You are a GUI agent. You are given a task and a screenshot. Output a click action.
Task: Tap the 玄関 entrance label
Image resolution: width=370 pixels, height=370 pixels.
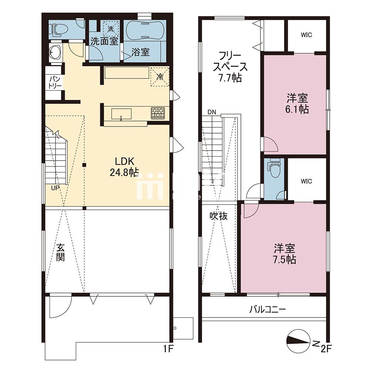(x=61, y=252)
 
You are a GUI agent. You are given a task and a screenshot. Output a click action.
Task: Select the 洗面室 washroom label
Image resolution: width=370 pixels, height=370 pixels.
(x=105, y=41)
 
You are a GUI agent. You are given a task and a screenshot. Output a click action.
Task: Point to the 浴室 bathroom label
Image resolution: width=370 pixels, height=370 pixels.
(x=141, y=53)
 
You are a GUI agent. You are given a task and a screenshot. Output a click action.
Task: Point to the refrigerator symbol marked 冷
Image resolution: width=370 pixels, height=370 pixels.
(x=160, y=77)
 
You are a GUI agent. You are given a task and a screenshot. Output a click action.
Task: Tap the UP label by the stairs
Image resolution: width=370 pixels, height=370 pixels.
(x=55, y=188)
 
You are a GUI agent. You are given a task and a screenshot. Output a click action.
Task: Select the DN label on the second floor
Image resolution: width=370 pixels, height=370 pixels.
(x=212, y=112)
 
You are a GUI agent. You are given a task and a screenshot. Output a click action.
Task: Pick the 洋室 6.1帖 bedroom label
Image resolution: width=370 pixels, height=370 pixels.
(x=297, y=104)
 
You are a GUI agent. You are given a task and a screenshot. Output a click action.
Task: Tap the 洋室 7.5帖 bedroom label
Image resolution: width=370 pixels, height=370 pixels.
(x=285, y=253)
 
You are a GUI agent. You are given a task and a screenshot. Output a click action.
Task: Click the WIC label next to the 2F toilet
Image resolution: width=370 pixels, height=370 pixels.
(x=306, y=181)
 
